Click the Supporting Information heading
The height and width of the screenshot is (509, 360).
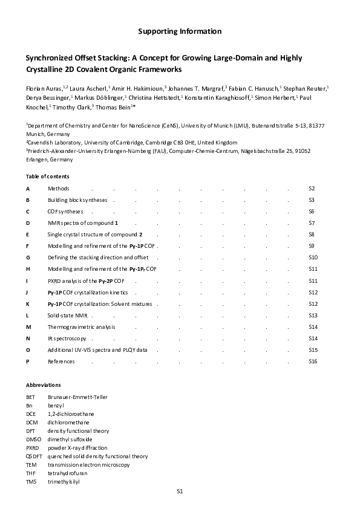point(180,31)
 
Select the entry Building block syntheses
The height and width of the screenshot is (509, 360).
point(77,200)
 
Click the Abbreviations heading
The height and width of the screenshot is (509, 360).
point(44,384)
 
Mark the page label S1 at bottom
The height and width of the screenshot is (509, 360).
point(180,491)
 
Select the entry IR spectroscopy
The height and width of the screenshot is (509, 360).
point(67,338)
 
